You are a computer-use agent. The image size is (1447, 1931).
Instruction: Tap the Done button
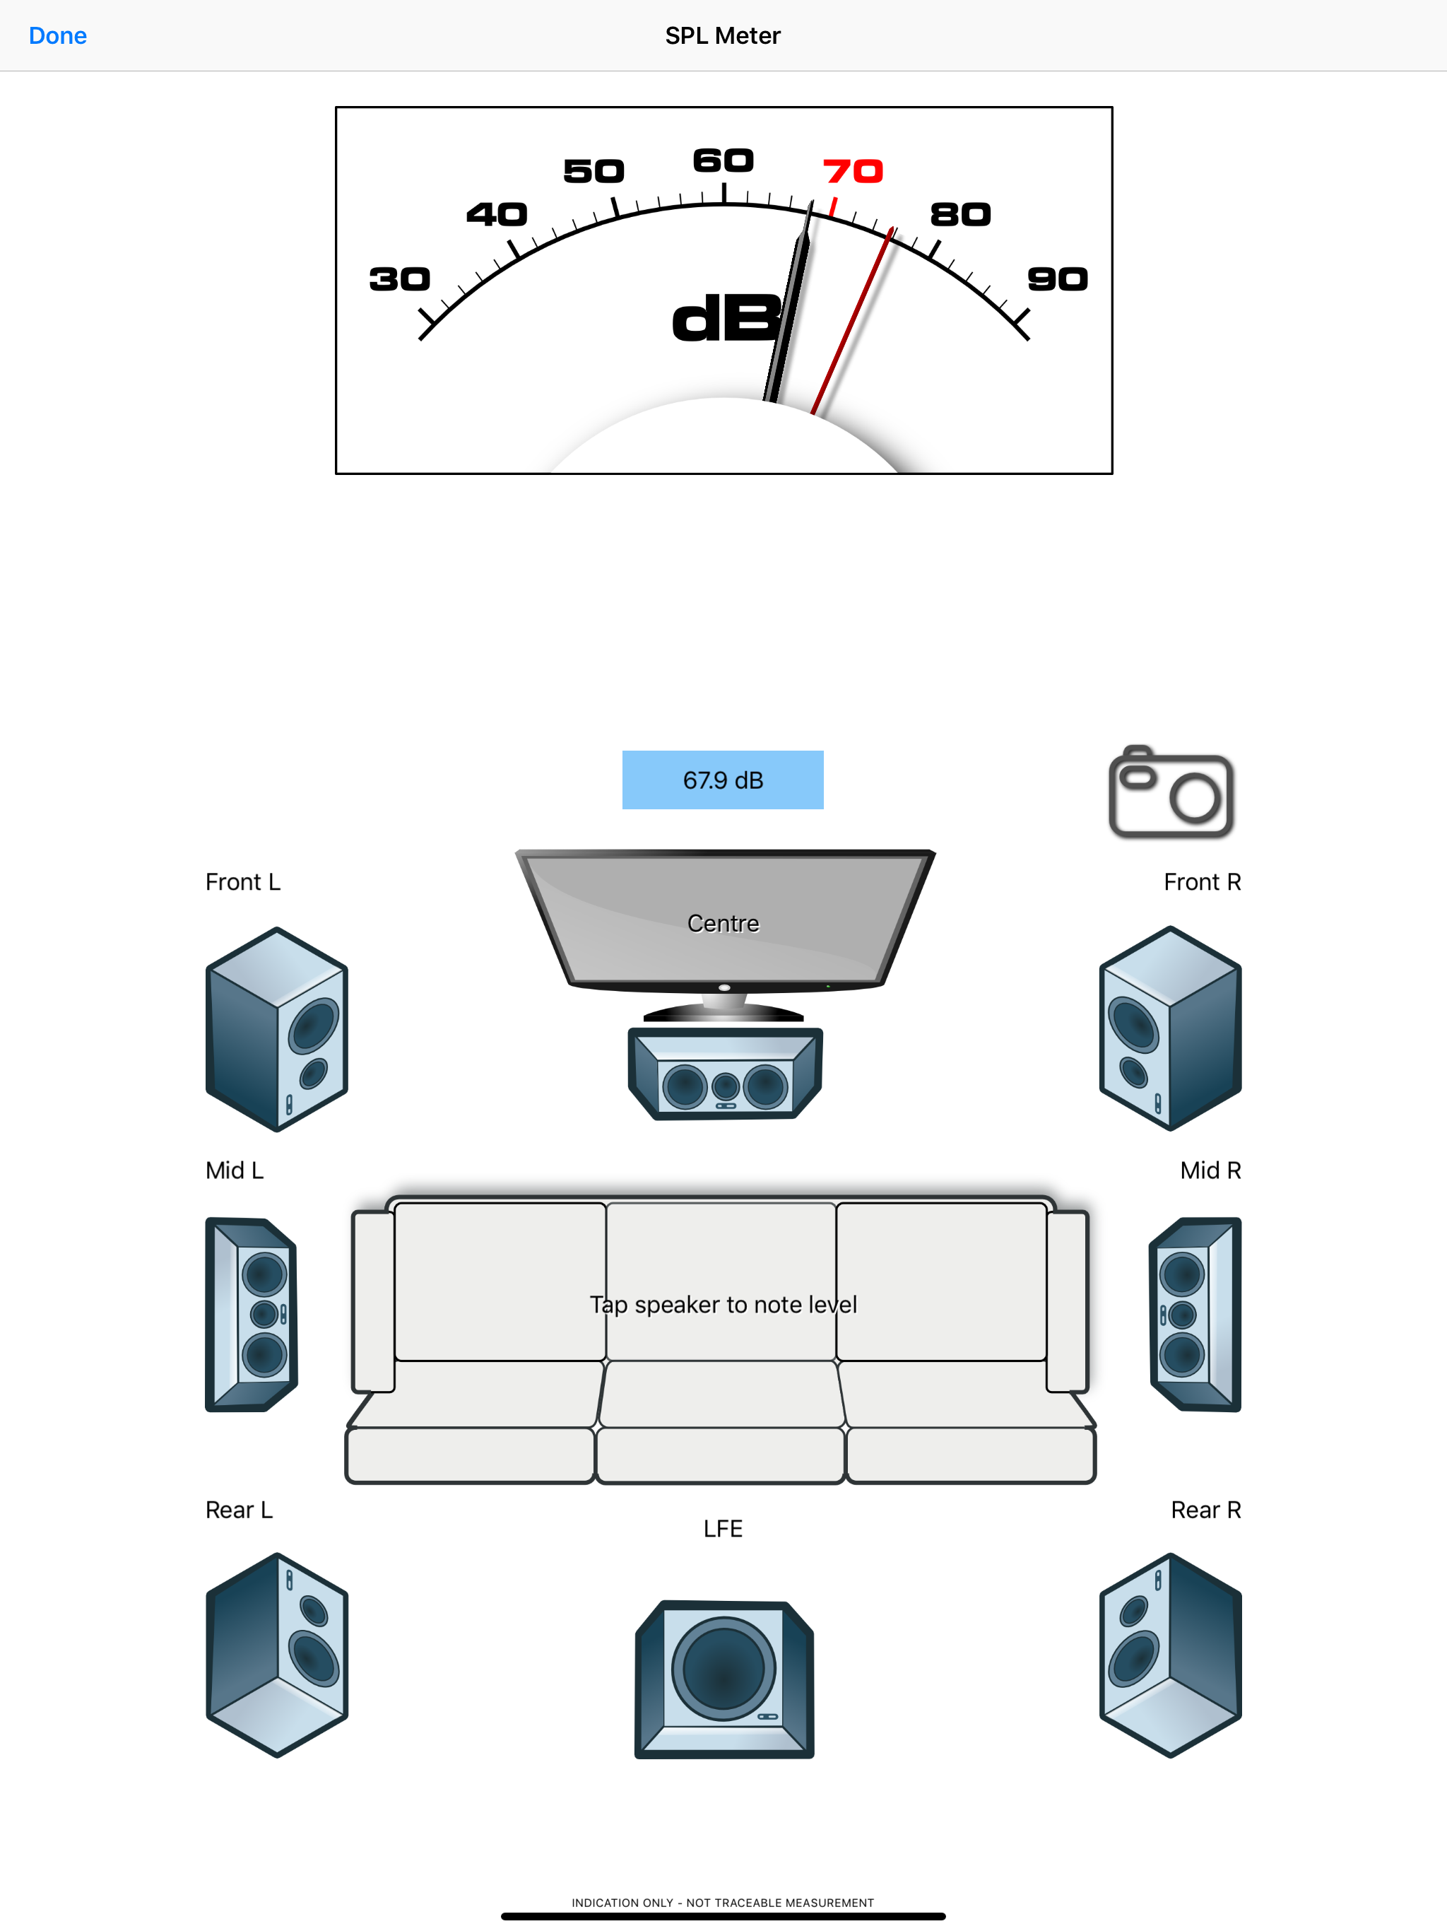click(58, 36)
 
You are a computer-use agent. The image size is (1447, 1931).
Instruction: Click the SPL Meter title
click(723, 36)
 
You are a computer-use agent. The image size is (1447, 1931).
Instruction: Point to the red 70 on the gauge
click(853, 171)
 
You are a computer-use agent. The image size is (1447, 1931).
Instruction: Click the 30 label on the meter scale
click(400, 279)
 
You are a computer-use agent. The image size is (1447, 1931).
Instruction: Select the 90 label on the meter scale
click(1058, 279)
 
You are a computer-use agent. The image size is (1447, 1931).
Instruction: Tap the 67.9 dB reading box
click(723, 780)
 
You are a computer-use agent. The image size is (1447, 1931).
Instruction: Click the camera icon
click(1170, 792)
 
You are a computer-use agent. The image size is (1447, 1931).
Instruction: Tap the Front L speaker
click(277, 1029)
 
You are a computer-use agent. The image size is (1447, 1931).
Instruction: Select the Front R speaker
click(1170, 1028)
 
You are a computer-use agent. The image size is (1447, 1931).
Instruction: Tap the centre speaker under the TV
click(725, 1074)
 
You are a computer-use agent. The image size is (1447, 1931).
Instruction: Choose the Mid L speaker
click(252, 1314)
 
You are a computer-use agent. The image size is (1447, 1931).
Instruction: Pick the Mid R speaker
click(1195, 1314)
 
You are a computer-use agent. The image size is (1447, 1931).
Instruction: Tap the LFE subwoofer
click(724, 1679)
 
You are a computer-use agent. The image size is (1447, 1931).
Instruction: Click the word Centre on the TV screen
click(723, 924)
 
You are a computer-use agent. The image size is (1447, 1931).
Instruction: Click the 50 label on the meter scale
click(593, 171)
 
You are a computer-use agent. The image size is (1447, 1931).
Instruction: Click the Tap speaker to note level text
click(723, 1304)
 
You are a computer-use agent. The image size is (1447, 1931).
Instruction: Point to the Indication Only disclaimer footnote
click(723, 1903)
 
